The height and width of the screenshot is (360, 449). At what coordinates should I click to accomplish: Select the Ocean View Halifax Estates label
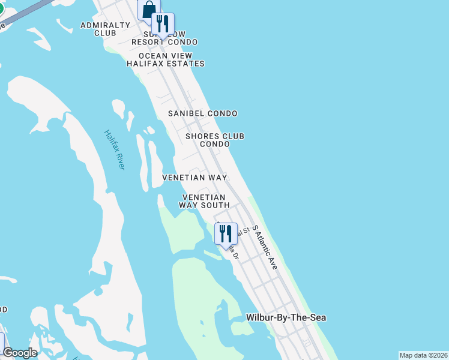click(x=165, y=59)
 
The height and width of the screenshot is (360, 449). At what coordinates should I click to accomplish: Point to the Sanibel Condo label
click(x=202, y=113)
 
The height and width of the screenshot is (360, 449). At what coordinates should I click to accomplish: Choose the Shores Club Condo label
click(x=215, y=140)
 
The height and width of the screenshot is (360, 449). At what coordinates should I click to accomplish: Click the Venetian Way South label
click(x=204, y=201)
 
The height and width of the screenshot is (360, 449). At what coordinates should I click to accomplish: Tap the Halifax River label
click(x=114, y=149)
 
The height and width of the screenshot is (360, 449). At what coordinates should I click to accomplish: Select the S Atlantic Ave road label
click(x=265, y=247)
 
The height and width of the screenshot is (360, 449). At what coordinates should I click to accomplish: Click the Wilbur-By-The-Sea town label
click(x=286, y=317)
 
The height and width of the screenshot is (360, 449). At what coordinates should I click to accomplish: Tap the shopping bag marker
click(x=148, y=10)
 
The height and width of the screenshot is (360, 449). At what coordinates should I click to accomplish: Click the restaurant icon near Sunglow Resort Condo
click(x=162, y=25)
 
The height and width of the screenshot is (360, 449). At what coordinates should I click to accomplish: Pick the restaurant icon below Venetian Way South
click(x=226, y=233)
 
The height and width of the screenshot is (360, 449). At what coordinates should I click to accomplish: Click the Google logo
click(x=20, y=353)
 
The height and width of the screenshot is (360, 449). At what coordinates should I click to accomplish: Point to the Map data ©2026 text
click(x=423, y=355)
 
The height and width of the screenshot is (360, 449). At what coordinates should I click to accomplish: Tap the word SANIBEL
click(x=187, y=113)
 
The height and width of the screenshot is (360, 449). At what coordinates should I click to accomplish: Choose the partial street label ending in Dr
click(x=233, y=253)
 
